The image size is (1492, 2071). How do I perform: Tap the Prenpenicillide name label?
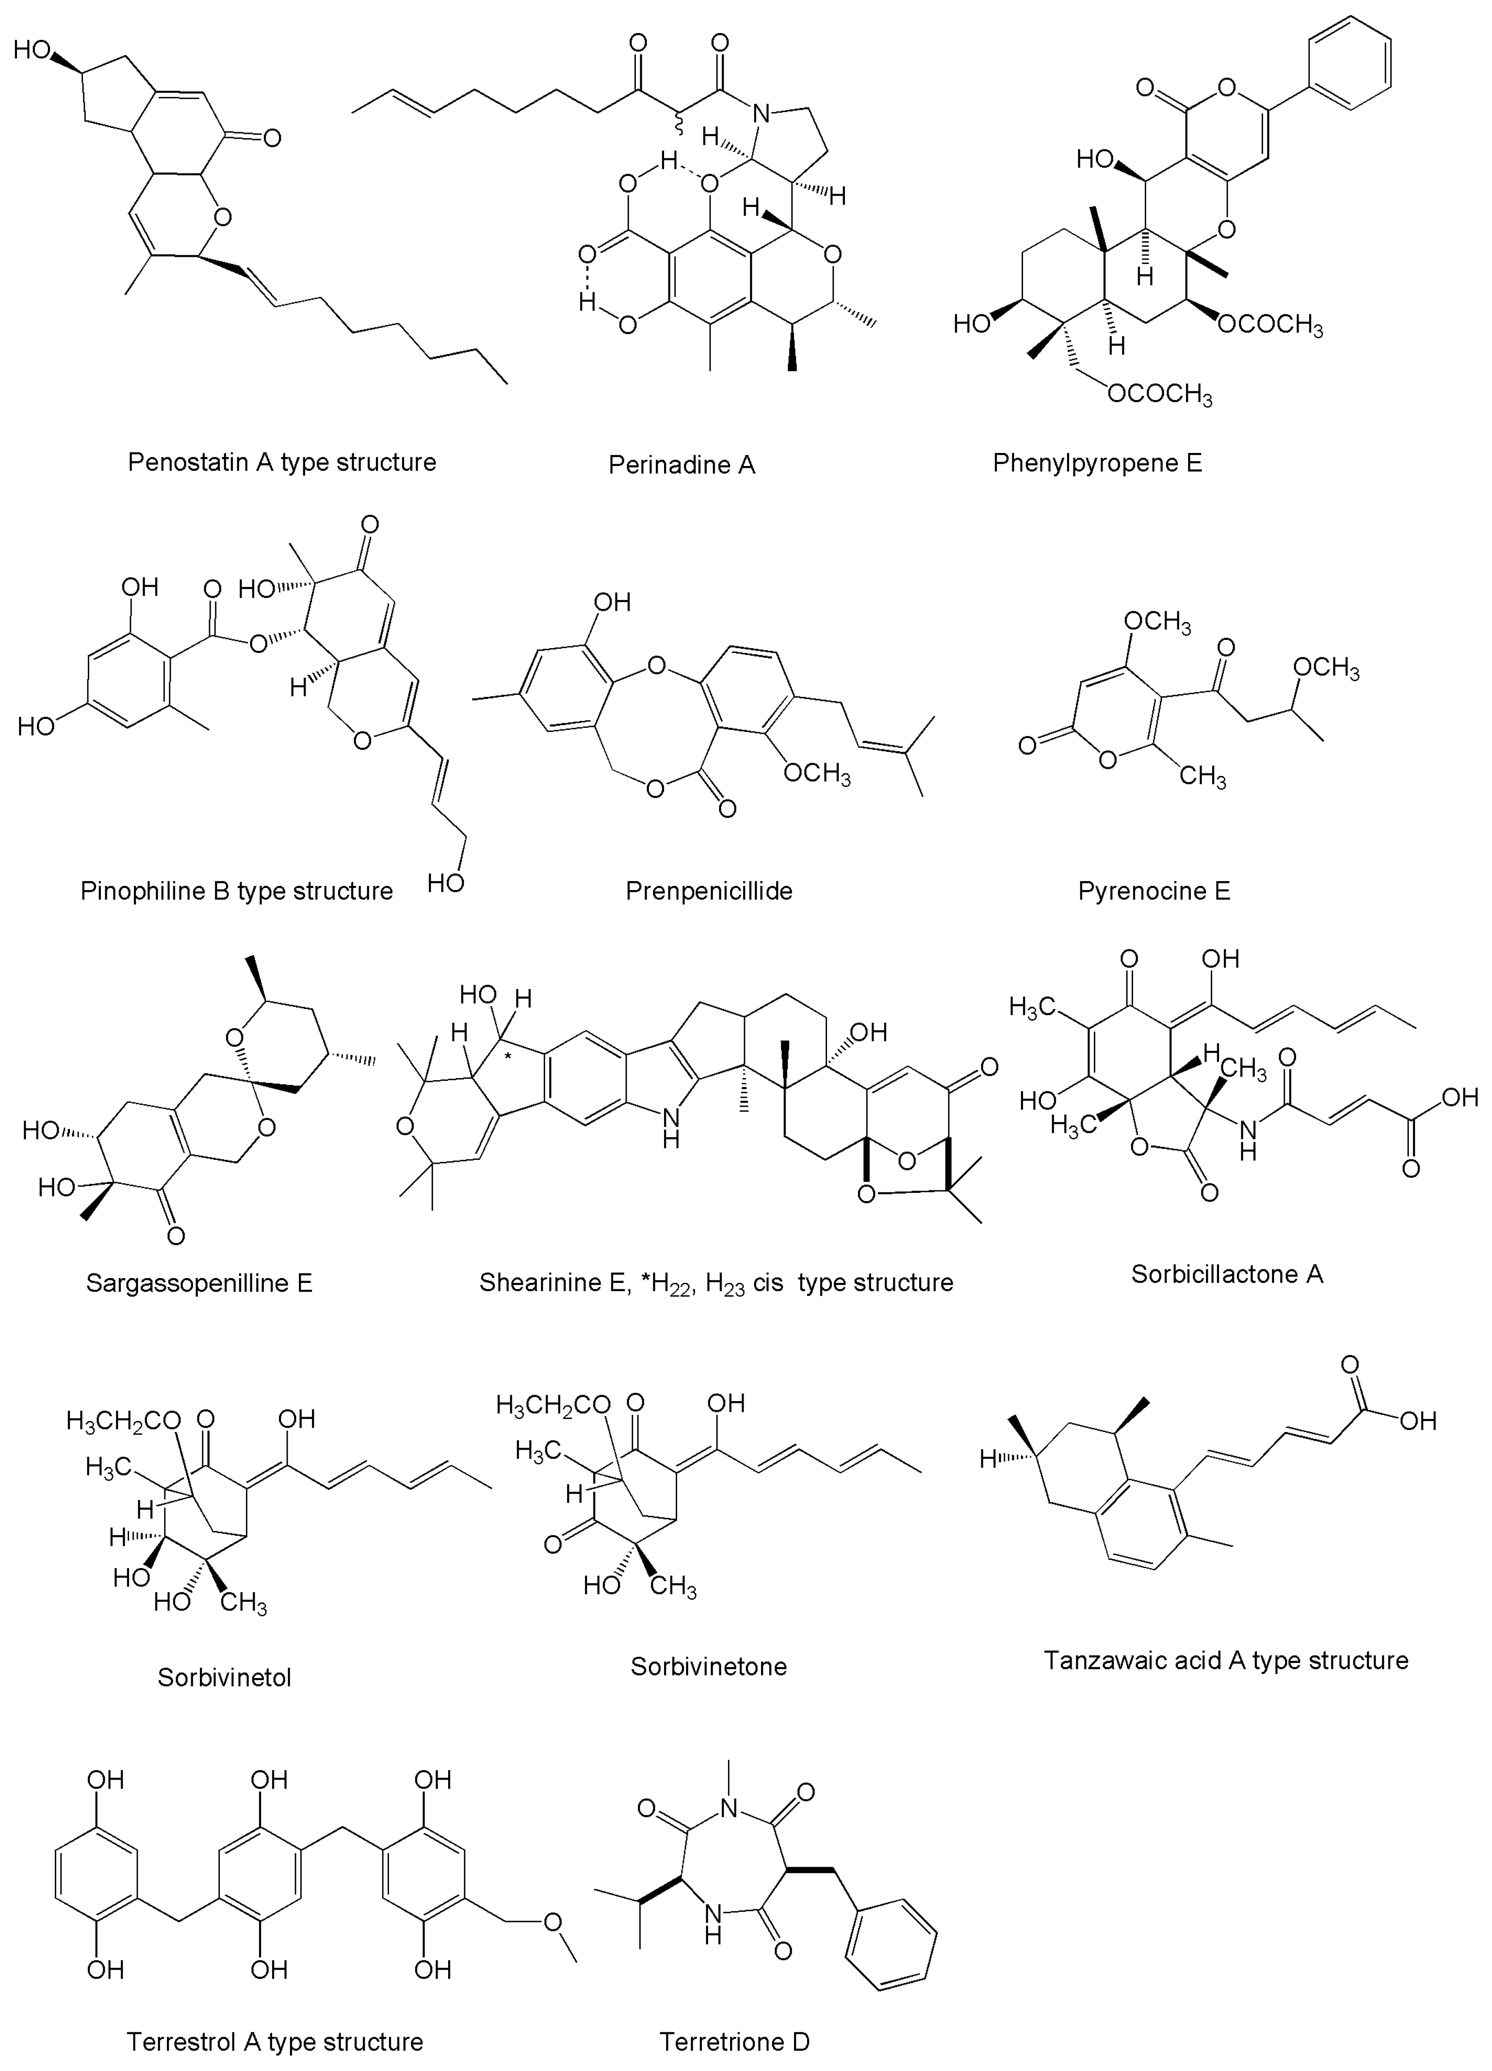[708, 890]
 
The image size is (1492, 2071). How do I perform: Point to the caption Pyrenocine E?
[1154, 890]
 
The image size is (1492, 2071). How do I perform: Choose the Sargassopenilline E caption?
[199, 1283]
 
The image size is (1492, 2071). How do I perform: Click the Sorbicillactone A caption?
[1226, 1274]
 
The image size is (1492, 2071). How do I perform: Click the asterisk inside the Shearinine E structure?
[508, 1056]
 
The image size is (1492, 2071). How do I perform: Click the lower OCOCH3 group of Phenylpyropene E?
[1160, 394]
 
